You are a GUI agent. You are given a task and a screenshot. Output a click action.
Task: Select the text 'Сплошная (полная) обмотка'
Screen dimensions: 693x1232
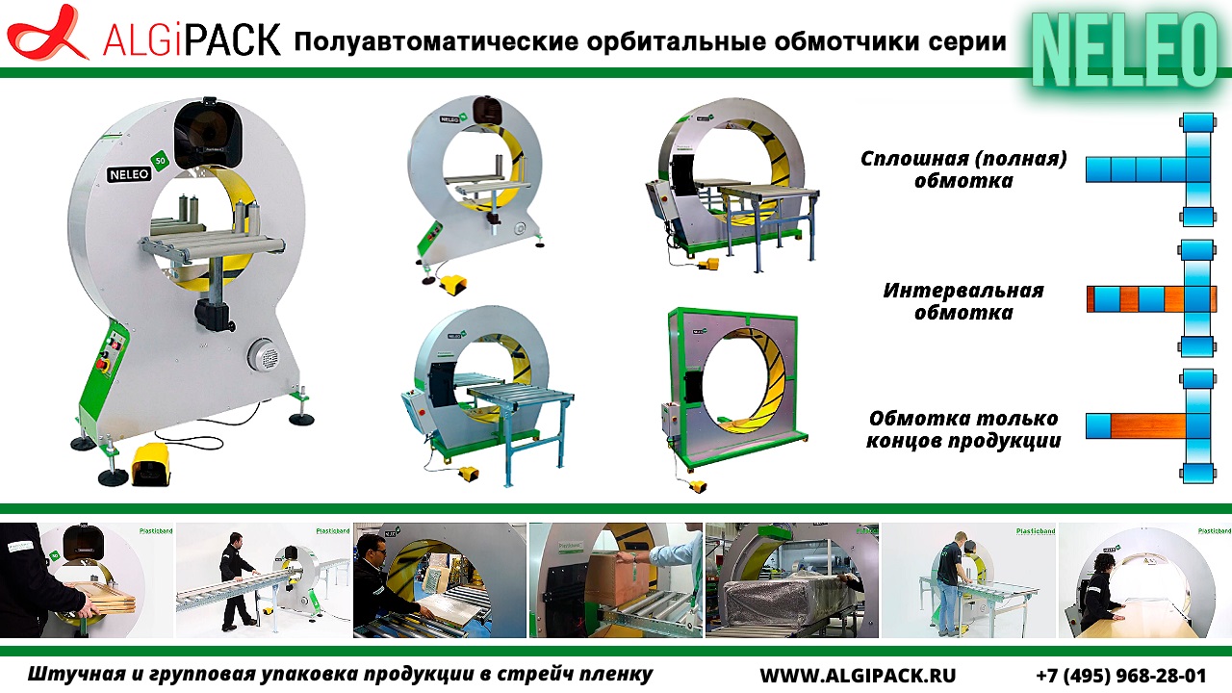click(x=963, y=169)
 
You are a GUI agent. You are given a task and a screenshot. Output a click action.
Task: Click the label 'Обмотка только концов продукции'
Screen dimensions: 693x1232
click(x=962, y=430)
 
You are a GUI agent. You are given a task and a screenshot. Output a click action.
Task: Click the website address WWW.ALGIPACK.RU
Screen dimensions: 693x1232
click(x=858, y=675)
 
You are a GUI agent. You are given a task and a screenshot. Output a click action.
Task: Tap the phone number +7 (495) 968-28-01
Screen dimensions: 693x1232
click(x=1120, y=675)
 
